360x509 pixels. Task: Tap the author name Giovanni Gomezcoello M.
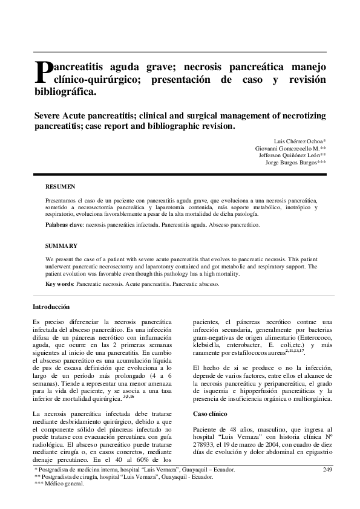click(289, 148)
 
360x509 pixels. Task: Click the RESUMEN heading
click(61, 187)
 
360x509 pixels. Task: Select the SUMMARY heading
click(61, 246)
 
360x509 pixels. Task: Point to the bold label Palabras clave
click(65, 225)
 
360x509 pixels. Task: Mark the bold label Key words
click(59, 284)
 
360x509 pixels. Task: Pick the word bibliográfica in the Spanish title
click(64, 93)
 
